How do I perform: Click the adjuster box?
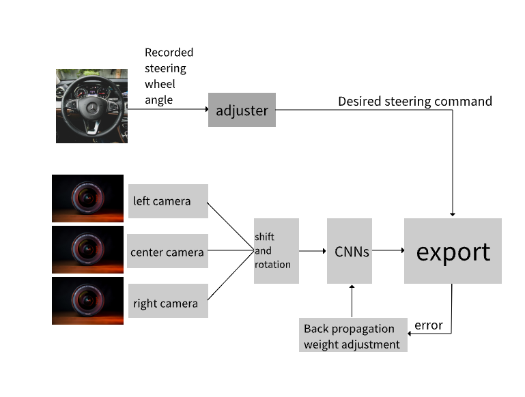pyautogui.click(x=242, y=110)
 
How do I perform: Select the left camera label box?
pyautogui.click(x=168, y=201)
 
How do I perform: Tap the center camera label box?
pyautogui.click(x=167, y=252)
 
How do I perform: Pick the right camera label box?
pyautogui.click(x=167, y=303)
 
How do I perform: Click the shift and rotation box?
pyautogui.click(x=276, y=251)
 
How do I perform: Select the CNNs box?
pyautogui.click(x=350, y=251)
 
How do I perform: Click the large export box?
pyautogui.click(x=453, y=251)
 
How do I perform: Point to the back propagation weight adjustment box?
pyautogui.click(x=353, y=336)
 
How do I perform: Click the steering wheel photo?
pyautogui.click(x=91, y=106)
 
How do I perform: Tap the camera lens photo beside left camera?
pyautogui.click(x=87, y=198)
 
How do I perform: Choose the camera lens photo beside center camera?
pyautogui.click(x=87, y=249)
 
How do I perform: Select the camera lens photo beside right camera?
pyautogui.click(x=87, y=301)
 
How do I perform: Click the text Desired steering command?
pyautogui.click(x=415, y=102)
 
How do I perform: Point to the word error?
pyautogui.click(x=429, y=325)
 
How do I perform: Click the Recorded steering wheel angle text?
pyautogui.click(x=169, y=76)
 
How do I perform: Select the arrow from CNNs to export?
pyautogui.click(x=388, y=250)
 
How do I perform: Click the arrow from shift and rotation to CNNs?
pyautogui.click(x=313, y=250)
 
